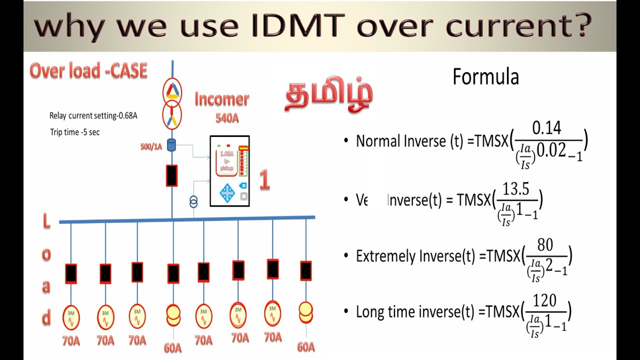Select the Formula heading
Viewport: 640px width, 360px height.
[x=485, y=77]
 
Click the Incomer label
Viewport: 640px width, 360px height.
[x=221, y=99]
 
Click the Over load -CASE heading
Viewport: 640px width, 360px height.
[x=88, y=71]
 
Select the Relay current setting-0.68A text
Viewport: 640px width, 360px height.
[x=93, y=115]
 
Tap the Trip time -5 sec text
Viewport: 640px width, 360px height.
[x=74, y=132]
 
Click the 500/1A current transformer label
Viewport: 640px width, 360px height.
[x=151, y=146]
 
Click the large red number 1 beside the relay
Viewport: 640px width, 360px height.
[x=264, y=181]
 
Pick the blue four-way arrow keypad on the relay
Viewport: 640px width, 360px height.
[x=227, y=192]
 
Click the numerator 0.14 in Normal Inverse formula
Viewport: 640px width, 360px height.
[x=546, y=128]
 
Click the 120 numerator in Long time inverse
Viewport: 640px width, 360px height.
[x=544, y=300]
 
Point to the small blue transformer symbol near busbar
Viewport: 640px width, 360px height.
[x=193, y=201]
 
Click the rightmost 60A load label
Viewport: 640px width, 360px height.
[x=305, y=346]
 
